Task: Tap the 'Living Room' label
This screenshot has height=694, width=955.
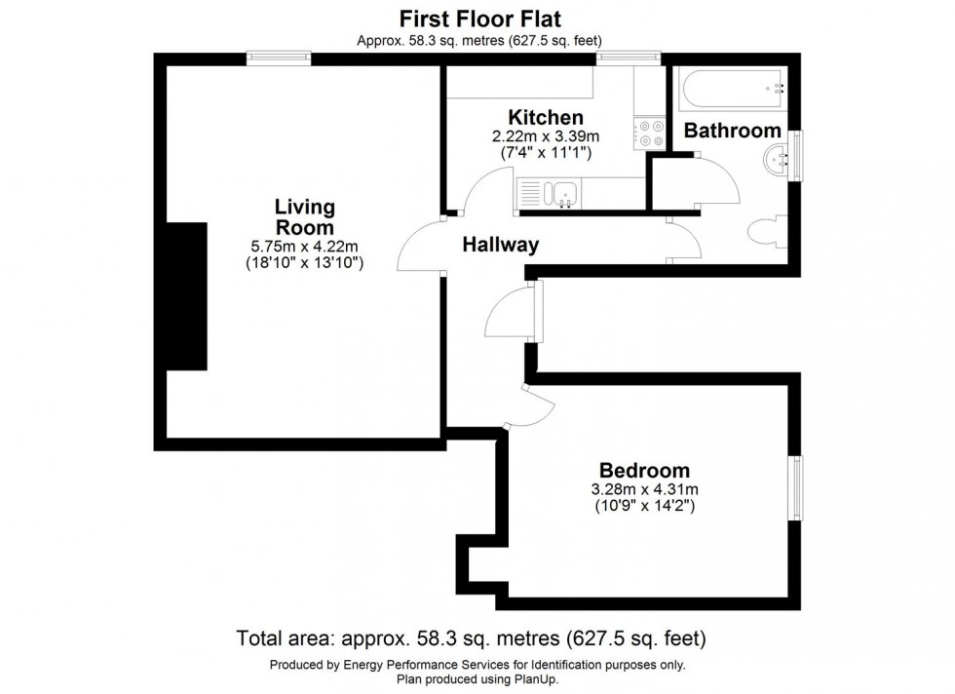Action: coord(304,216)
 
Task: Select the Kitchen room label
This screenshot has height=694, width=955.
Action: coord(544,119)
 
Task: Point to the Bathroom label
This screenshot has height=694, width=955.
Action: coord(732,131)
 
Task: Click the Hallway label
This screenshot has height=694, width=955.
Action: coord(500,245)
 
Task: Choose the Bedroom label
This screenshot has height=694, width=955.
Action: coord(644,470)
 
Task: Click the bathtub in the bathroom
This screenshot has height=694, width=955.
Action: coord(734,89)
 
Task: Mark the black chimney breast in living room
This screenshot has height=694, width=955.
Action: coord(187,295)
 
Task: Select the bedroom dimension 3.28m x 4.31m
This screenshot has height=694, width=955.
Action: coord(644,489)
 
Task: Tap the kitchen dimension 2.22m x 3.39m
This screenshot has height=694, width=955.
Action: coord(544,136)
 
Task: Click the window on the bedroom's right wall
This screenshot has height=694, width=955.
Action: coord(796,488)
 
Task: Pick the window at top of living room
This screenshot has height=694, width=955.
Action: coord(278,58)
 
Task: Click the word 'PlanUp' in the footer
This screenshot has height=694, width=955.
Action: coord(548,679)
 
